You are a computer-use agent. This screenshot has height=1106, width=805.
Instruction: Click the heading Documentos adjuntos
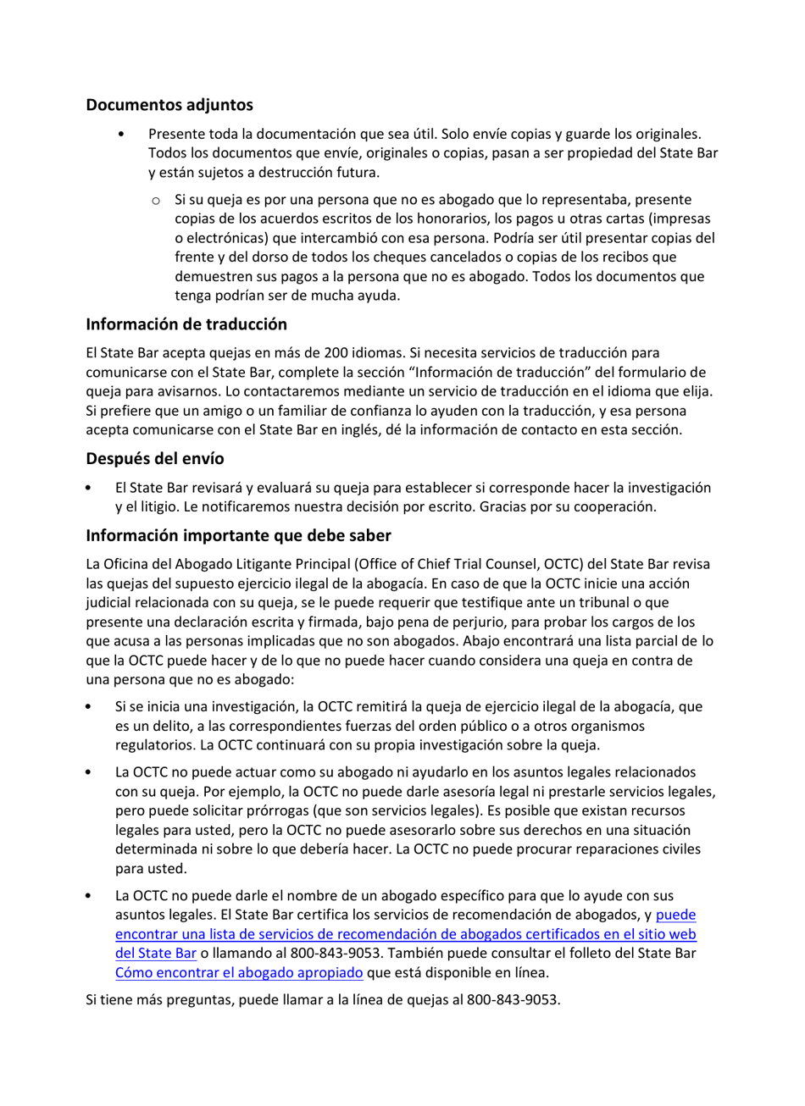tap(169, 106)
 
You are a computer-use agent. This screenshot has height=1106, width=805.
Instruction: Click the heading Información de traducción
tap(186, 324)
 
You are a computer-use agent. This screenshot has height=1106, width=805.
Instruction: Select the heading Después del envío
tap(155, 459)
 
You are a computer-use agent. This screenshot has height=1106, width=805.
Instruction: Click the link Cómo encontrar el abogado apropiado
tap(239, 971)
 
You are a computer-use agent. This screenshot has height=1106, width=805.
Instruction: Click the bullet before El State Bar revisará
tap(90, 489)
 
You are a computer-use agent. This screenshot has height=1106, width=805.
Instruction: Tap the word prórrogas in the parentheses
tap(252, 811)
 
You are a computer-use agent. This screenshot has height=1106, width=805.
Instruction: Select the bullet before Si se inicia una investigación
tap(90, 707)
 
